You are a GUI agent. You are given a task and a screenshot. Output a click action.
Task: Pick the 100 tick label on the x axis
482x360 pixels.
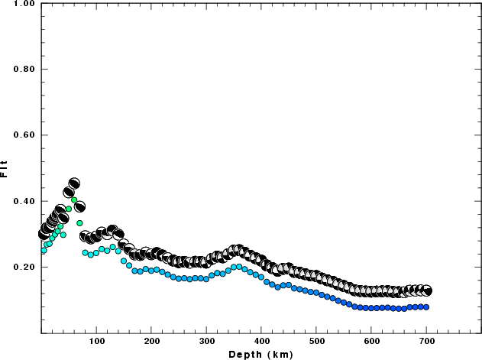[96, 342]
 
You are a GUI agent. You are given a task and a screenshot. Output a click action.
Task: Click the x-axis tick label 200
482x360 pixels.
[151, 342]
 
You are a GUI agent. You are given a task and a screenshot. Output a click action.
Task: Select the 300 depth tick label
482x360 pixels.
[206, 342]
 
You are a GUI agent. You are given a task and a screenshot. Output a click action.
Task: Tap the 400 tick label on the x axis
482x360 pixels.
[261, 342]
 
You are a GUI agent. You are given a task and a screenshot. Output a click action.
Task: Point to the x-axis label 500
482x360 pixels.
[316, 342]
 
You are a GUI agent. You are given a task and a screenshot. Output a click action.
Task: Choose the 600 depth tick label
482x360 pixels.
[371, 342]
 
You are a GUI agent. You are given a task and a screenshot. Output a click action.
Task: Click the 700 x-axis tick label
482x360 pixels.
[426, 342]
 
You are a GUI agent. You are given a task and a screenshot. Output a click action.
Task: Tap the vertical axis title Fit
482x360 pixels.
[5, 168]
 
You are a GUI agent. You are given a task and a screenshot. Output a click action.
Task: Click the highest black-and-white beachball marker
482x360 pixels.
[74, 183]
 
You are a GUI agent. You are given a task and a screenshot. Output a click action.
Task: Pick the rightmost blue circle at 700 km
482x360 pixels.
[426, 307]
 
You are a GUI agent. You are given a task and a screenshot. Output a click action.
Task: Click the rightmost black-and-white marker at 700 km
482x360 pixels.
[427, 290]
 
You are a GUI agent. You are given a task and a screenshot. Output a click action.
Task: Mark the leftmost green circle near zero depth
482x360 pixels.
[44, 250]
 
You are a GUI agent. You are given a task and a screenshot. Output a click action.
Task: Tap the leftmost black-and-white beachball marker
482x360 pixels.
[44, 233]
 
